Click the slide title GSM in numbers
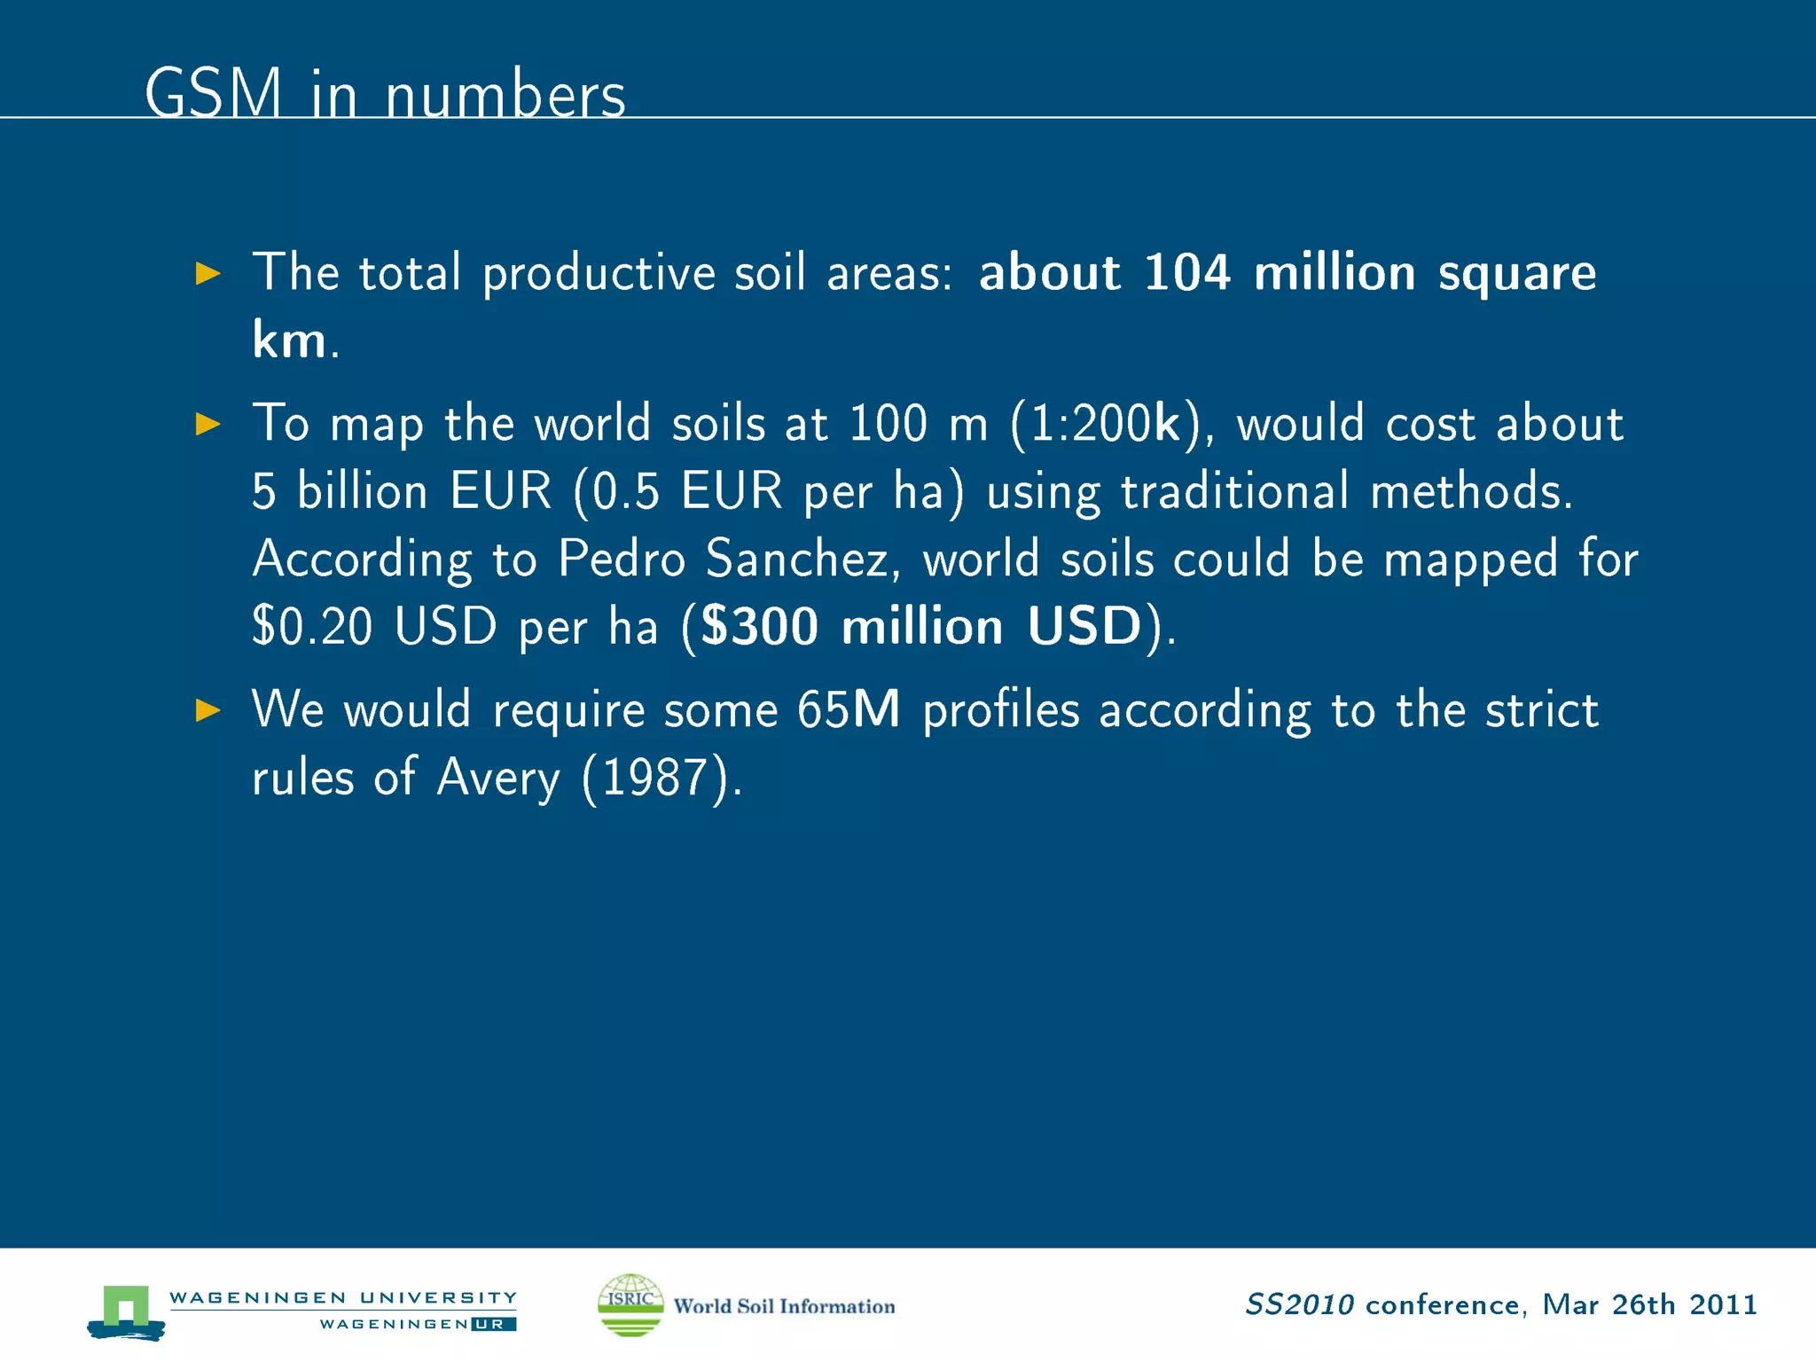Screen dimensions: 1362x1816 pos(385,93)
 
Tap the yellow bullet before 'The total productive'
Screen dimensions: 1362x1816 pos(207,273)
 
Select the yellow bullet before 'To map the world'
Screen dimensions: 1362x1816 pos(207,424)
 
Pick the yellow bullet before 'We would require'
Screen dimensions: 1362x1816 pos(207,710)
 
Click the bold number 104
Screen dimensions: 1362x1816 pos(1186,272)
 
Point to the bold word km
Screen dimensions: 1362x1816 pos(289,340)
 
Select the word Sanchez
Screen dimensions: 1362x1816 pos(803,560)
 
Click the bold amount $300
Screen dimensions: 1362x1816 pos(759,627)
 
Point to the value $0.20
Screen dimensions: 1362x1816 pos(312,627)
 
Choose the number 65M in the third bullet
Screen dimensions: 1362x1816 pos(849,710)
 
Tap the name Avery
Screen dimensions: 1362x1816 pos(498,779)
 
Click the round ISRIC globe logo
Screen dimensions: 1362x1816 pos(630,1304)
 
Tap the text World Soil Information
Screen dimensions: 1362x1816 pos(784,1306)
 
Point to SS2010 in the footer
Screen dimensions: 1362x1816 pos(1299,1304)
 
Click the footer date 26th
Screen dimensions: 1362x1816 pos(1643,1304)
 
